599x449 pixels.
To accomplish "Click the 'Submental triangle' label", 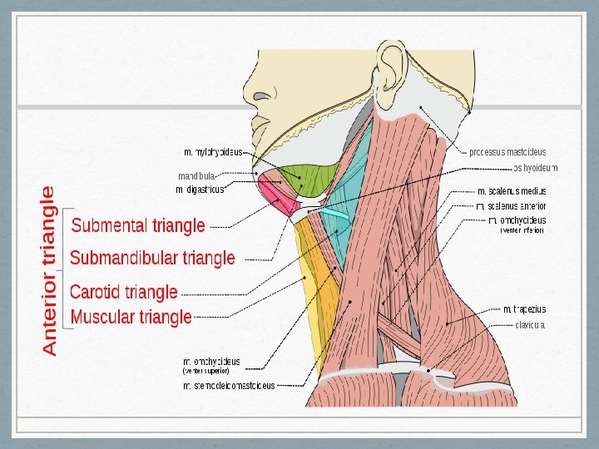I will tap(138, 225).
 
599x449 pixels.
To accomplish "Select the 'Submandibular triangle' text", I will tap(153, 259).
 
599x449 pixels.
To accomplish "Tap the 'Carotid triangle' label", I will tap(124, 292).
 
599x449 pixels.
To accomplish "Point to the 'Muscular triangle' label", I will tap(131, 317).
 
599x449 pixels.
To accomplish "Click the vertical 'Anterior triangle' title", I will tap(50, 271).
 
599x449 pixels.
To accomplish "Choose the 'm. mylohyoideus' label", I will tap(213, 152).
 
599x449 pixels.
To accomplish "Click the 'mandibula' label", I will tap(198, 176).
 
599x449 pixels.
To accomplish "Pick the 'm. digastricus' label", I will tap(200, 190).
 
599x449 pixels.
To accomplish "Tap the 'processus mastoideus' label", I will tap(507, 152).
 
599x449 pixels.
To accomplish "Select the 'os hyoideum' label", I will tap(535, 168).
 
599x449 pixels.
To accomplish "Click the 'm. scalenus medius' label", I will tap(512, 191).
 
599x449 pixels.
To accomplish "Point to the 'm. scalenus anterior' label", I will tap(511, 205).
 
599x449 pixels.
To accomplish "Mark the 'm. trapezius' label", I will tap(524, 309).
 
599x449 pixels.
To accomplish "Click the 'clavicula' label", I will tap(530, 325).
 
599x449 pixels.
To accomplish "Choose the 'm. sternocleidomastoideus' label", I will tap(229, 386).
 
